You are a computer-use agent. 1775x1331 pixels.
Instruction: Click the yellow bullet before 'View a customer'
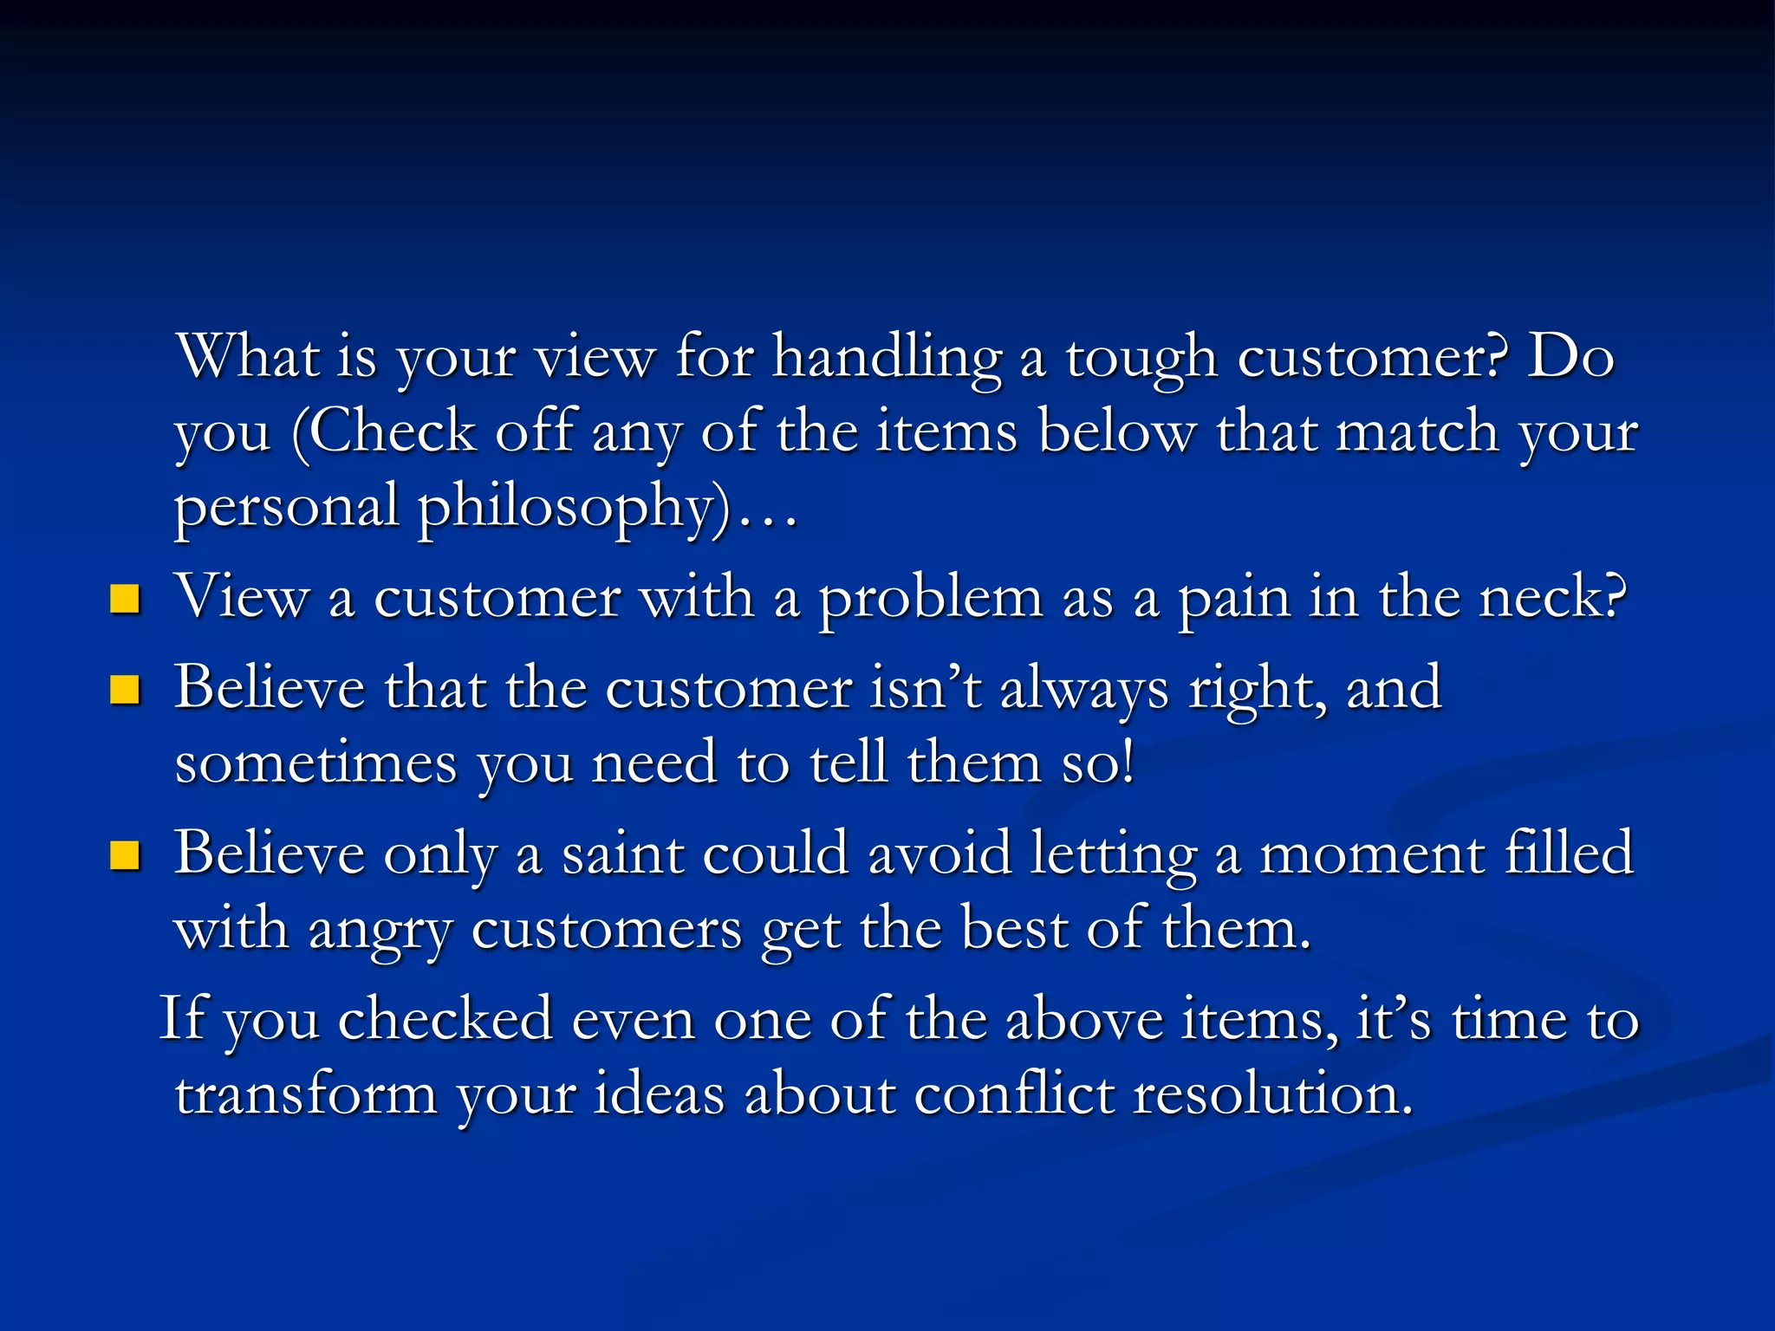(125, 599)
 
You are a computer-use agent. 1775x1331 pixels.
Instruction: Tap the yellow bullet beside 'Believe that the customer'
(125, 690)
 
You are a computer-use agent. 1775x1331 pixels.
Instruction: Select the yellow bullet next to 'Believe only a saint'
(125, 855)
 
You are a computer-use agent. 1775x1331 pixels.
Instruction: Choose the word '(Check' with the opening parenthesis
(384, 432)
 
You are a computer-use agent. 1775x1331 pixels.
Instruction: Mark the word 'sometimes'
(315, 763)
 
